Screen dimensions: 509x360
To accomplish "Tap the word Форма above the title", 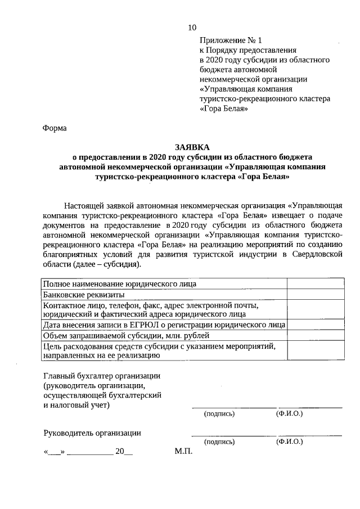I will pyautogui.click(x=55, y=128).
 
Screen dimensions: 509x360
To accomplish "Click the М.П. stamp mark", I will pyautogui.click(x=183, y=452).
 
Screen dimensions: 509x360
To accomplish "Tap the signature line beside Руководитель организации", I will pyautogui.click(x=233, y=435).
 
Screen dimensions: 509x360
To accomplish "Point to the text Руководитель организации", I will pyautogui.click(x=92, y=433).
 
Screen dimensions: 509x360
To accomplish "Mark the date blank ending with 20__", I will pyautogui.click(x=88, y=452).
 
